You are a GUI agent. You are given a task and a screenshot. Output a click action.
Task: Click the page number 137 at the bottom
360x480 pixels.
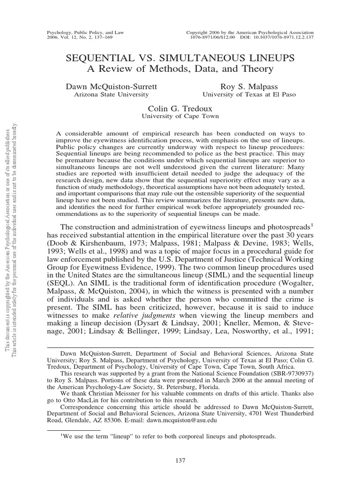click(180, 461)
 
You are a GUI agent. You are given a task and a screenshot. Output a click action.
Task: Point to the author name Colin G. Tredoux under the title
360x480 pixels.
click(180, 108)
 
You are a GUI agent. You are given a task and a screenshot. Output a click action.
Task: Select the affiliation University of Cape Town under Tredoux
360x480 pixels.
click(180, 116)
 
